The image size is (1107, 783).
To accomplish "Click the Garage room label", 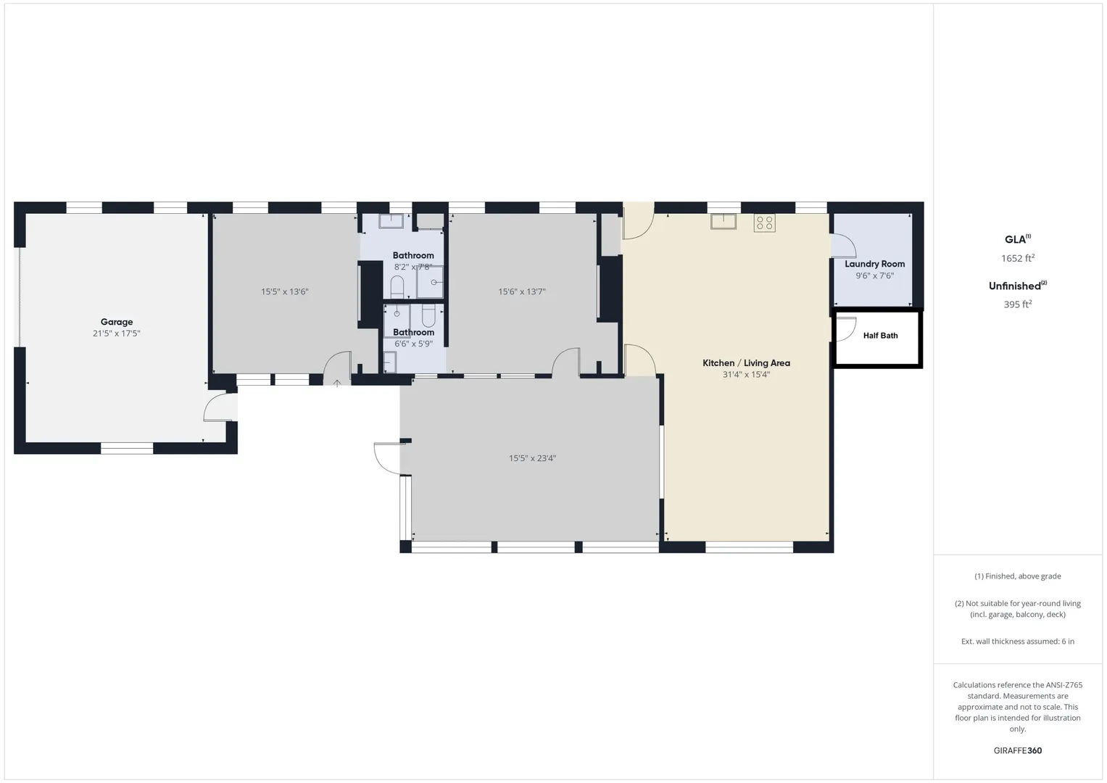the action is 117,322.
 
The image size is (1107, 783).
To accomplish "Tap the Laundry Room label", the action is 875,264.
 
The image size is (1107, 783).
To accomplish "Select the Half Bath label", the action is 880,336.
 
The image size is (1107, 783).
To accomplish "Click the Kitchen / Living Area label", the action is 746,362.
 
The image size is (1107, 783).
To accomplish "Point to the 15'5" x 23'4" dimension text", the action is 532,458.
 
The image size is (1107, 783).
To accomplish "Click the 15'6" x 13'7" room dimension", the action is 521,291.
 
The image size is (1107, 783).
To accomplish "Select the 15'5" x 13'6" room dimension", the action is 285,291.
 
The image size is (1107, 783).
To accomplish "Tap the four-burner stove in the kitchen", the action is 765,223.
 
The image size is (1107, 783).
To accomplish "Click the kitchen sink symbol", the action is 724,221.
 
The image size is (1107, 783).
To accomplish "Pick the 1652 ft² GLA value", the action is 1018,257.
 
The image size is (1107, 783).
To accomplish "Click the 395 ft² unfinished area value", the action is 1018,304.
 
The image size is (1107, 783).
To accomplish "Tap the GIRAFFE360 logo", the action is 1018,750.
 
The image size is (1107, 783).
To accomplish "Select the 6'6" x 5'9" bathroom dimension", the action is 413,344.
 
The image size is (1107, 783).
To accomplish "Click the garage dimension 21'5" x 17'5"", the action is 117,333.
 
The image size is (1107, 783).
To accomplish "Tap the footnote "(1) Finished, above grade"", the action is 1018,576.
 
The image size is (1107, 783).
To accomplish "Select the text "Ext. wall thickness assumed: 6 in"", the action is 1018,641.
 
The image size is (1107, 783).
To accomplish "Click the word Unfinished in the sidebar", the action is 1014,286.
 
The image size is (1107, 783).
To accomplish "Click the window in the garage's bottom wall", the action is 127,448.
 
